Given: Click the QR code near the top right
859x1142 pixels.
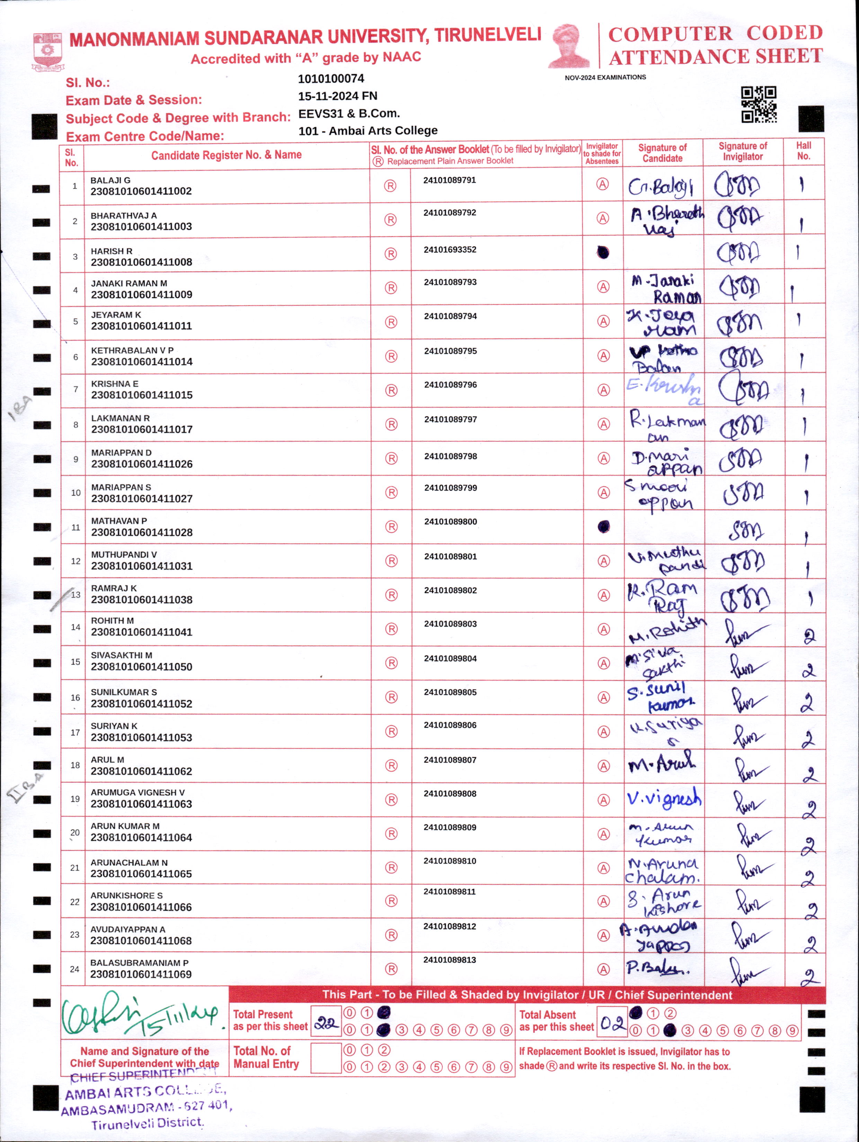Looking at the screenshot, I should click(759, 104).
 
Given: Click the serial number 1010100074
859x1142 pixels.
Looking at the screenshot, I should click(331, 78).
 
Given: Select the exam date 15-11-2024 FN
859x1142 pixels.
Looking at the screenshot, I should click(337, 96).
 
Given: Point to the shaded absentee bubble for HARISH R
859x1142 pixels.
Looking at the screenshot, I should click(603, 252).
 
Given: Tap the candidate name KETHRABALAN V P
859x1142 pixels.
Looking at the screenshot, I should click(132, 350).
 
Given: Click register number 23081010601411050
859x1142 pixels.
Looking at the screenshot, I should click(141, 666).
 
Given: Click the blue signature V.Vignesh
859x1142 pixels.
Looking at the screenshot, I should click(664, 798).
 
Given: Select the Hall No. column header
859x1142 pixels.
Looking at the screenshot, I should click(803, 151).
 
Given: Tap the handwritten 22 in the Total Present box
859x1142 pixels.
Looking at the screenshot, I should click(326, 1023).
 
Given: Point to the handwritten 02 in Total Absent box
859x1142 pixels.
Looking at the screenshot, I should click(612, 1023).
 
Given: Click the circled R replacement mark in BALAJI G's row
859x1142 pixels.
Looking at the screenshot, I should click(390, 186).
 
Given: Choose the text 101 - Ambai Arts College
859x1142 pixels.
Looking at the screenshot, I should click(367, 131).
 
